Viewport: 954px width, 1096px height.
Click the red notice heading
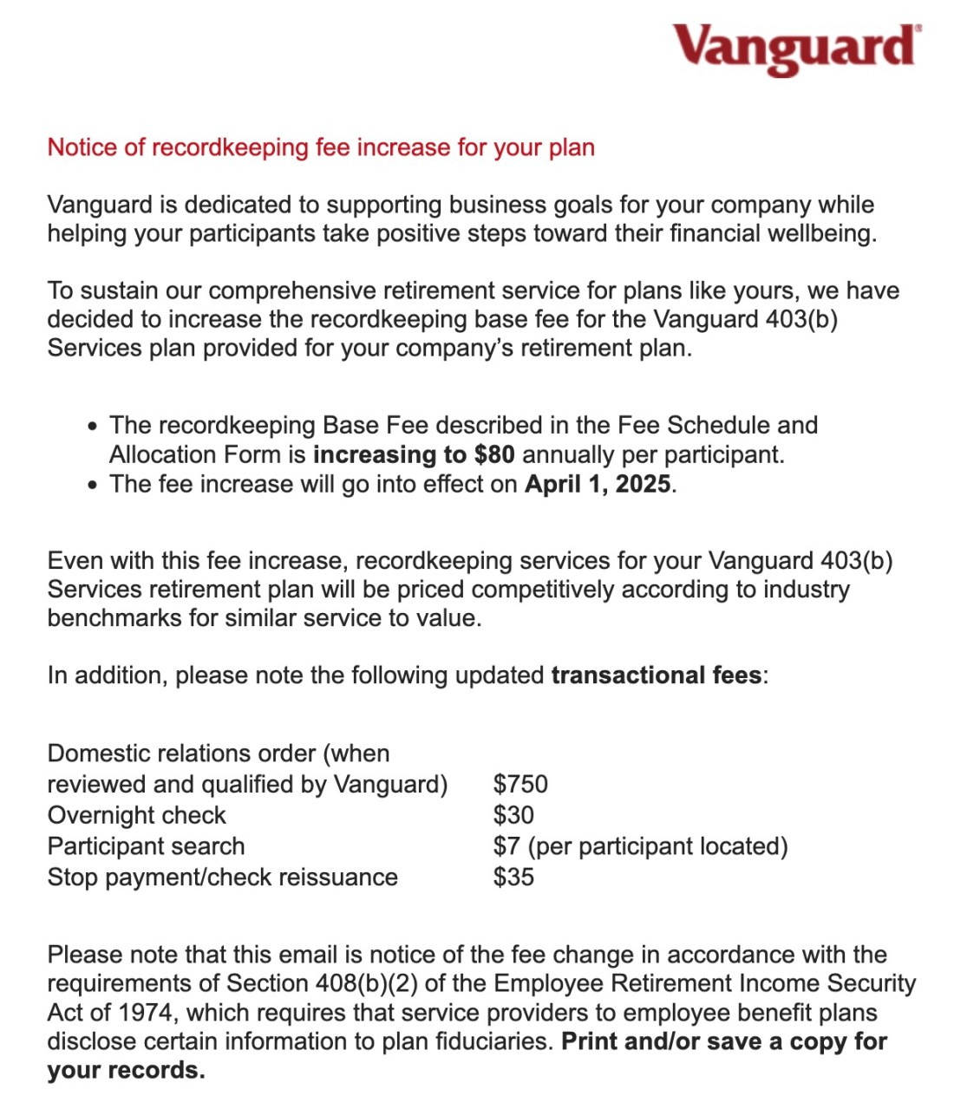coord(321,147)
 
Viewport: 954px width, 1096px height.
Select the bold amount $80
coord(494,454)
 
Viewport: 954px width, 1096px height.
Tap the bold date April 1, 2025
coord(598,484)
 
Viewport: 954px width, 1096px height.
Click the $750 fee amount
coord(520,784)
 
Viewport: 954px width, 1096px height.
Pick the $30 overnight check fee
coord(513,815)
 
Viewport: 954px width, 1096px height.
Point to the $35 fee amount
coord(513,877)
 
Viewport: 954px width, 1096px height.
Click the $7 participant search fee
coord(506,846)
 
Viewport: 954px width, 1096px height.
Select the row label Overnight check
coord(136,815)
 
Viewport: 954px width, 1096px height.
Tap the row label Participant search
coord(146,846)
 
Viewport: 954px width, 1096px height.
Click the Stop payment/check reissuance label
coord(222,877)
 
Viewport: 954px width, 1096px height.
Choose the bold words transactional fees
coord(657,675)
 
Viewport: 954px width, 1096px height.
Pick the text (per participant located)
coord(657,846)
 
